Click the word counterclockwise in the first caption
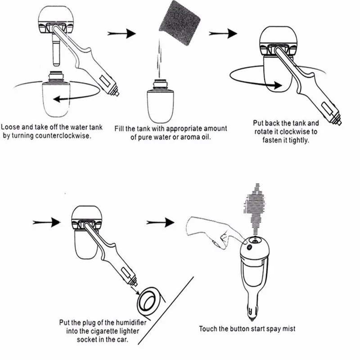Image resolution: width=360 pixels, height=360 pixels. pyautogui.click(x=67, y=135)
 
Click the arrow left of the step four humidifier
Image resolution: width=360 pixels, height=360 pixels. pyautogui.click(x=47, y=221)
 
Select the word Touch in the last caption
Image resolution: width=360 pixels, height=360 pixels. pyautogui.click(x=209, y=329)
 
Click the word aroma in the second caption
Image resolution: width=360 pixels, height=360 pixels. pyautogui.click(x=188, y=137)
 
